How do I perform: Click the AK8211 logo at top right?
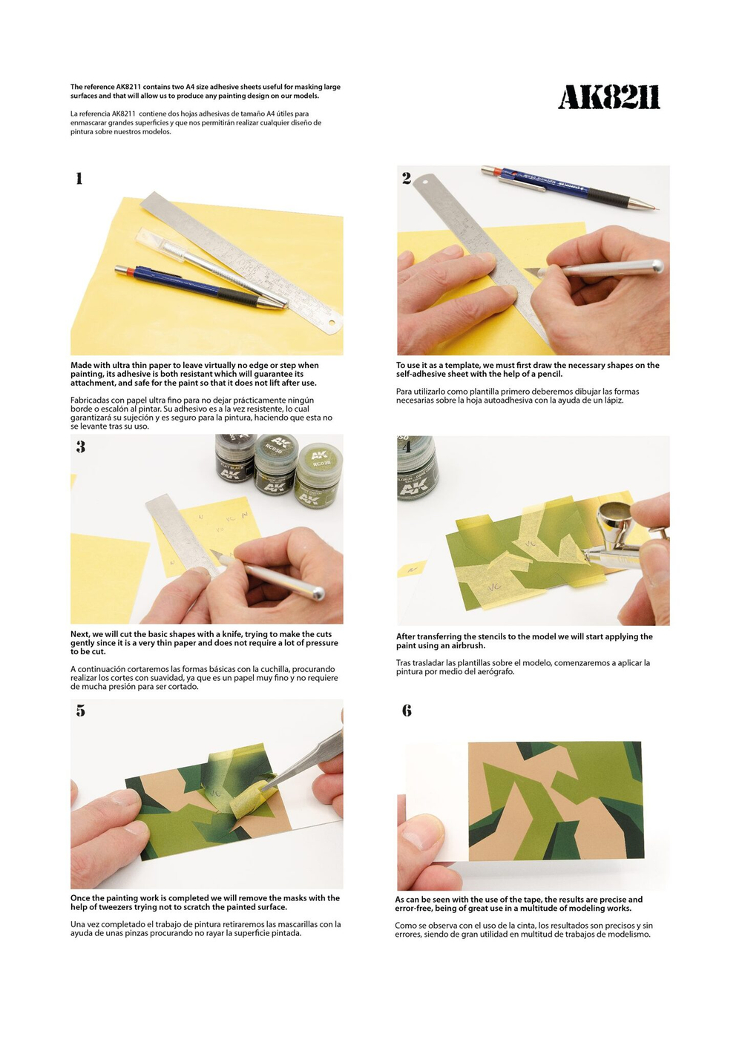[608, 97]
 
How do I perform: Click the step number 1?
[79, 178]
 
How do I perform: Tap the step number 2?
[407, 178]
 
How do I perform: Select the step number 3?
[80, 446]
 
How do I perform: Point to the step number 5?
[80, 711]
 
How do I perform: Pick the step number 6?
[407, 711]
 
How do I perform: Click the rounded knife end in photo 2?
[656, 266]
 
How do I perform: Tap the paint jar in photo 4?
[418, 469]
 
